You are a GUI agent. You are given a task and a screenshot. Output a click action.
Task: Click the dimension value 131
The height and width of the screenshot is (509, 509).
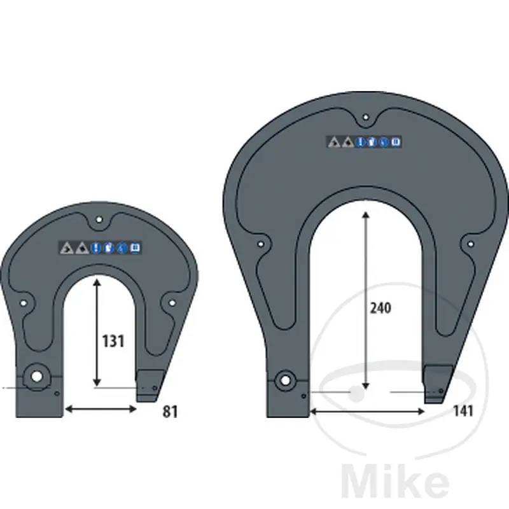pyautogui.click(x=113, y=341)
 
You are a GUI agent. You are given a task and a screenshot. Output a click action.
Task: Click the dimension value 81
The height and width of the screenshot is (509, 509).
pyautogui.click(x=170, y=412)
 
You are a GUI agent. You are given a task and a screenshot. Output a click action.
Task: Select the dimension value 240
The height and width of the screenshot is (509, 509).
pyautogui.click(x=380, y=308)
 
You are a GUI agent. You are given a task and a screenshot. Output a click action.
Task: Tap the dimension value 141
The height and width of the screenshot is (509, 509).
pyautogui.click(x=463, y=411)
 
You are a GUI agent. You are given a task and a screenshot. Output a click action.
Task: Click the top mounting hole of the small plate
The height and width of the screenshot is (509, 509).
pyautogui.click(x=99, y=220)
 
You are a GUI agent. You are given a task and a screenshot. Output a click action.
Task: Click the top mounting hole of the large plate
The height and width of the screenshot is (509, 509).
pyautogui.click(x=366, y=117)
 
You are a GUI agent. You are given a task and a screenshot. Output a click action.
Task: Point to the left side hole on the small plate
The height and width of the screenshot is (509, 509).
pyautogui.click(x=24, y=303)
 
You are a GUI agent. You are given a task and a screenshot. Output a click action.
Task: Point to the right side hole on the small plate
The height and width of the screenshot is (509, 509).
pyautogui.click(x=172, y=303)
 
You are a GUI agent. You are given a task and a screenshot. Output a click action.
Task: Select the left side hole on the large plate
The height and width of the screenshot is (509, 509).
pyautogui.click(x=260, y=244)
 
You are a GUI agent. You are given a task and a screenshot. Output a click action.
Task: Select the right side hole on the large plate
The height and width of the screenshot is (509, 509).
pyautogui.click(x=471, y=244)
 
